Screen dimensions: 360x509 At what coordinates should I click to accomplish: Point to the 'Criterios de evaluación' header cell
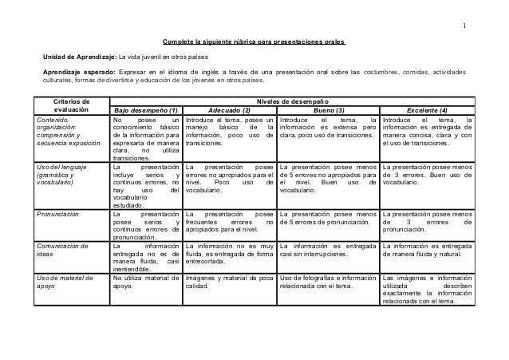tap(71, 106)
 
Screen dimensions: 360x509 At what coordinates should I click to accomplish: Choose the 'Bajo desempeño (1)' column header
tap(146, 111)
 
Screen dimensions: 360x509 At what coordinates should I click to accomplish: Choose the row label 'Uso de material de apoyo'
tap(70, 282)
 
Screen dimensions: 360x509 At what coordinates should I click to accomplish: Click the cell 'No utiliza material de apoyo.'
tap(146, 282)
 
